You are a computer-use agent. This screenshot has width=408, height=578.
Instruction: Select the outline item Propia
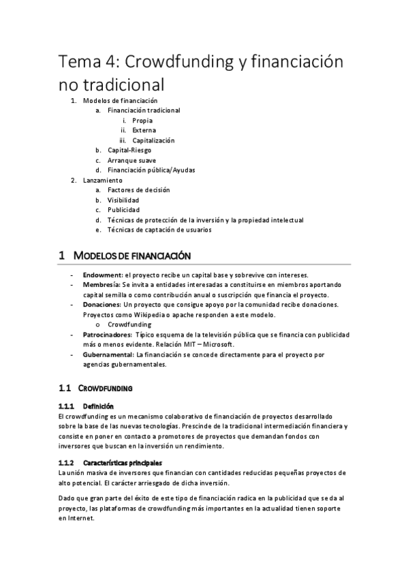(142, 120)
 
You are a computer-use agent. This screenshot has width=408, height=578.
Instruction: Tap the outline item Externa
(144, 130)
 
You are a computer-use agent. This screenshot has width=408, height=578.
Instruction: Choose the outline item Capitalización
(153, 140)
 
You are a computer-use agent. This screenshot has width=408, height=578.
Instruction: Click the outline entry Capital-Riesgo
(129, 150)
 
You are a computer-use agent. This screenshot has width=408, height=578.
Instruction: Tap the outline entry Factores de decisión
(138, 189)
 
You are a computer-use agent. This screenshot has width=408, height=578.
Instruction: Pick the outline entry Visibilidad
(123, 200)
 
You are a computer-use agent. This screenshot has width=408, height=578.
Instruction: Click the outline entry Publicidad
(123, 210)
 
